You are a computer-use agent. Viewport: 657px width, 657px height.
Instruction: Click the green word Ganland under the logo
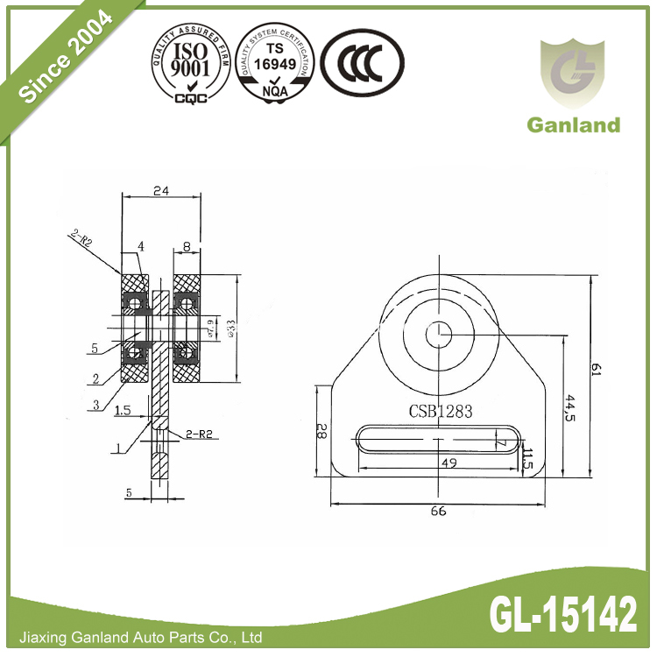[573, 124]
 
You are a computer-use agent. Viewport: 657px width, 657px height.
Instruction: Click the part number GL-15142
[562, 617]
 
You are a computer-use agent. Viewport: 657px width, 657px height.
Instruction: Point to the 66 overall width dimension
[438, 511]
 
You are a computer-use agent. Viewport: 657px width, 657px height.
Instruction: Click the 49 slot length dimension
[447, 462]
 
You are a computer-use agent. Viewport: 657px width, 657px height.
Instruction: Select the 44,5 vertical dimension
[570, 409]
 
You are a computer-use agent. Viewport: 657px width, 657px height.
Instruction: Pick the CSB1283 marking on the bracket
[441, 409]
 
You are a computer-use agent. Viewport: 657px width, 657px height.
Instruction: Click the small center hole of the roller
[438, 332]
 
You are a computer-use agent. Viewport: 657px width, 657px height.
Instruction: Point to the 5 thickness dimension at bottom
[129, 493]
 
